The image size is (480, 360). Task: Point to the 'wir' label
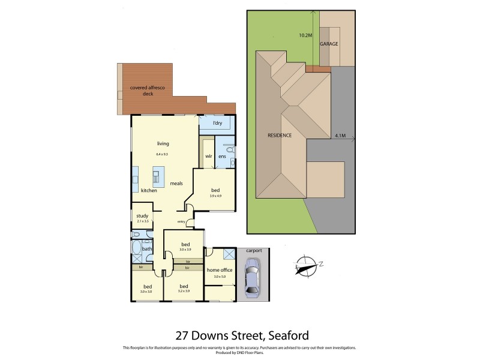(x=209, y=156)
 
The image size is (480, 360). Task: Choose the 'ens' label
(x=221, y=156)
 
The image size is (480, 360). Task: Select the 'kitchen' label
(x=149, y=190)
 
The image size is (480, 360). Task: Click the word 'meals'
(x=176, y=183)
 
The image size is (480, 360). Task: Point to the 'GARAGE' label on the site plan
(x=329, y=44)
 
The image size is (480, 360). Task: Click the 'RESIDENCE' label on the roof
(x=279, y=136)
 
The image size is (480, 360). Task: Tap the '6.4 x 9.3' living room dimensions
(x=162, y=154)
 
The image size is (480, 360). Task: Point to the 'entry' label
(x=181, y=222)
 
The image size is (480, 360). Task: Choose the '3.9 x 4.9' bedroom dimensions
(x=216, y=196)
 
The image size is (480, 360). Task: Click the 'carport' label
(x=254, y=250)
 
